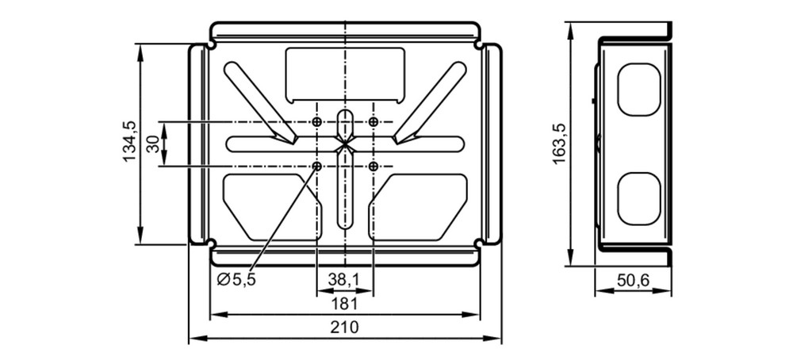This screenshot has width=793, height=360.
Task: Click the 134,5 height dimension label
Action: pyautogui.click(x=129, y=141)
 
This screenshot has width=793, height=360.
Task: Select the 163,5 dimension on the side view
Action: pyautogui.click(x=559, y=143)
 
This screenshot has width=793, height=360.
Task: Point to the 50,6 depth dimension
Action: pyautogui.click(x=633, y=279)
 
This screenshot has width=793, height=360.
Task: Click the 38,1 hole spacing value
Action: pyautogui.click(x=344, y=279)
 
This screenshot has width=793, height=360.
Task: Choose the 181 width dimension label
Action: pyautogui.click(x=344, y=304)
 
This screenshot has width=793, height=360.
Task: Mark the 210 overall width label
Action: pyautogui.click(x=344, y=327)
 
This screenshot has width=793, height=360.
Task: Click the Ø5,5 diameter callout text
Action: pyautogui.click(x=236, y=279)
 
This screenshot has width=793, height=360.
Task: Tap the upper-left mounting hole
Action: pyautogui.click(x=317, y=122)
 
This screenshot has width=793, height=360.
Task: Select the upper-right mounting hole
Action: pyautogui.click(x=374, y=122)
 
